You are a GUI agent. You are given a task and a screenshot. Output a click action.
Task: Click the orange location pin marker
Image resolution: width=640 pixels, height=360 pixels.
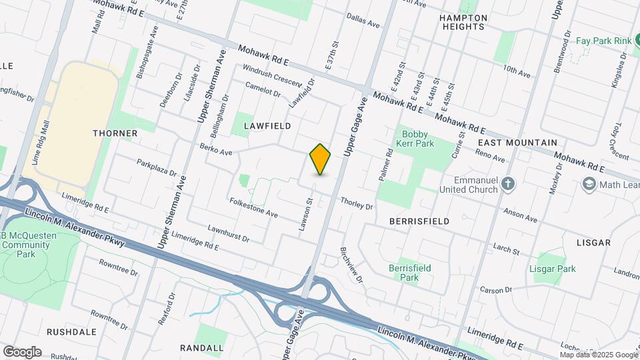[321, 159]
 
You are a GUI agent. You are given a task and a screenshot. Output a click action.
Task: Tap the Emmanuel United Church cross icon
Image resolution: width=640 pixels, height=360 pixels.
[508, 183]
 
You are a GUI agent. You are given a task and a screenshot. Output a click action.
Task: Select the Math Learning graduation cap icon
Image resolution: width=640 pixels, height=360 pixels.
[589, 184]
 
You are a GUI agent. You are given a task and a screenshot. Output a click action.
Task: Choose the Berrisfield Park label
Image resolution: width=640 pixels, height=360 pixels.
[409, 272]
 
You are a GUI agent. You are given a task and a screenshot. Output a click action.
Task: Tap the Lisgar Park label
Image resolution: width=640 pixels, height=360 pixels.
[552, 269]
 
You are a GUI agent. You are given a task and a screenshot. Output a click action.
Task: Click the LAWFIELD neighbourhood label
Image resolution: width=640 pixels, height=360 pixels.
[267, 125]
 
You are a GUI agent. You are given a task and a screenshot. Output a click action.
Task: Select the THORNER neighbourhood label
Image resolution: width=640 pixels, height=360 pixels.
[115, 133]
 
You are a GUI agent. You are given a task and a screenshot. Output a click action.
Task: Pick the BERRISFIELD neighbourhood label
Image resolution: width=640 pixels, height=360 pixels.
[419, 221]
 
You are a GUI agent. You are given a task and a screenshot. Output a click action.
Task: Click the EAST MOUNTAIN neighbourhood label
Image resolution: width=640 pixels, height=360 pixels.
[517, 143]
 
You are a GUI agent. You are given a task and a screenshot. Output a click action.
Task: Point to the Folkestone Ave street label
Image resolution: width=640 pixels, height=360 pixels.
[253, 207]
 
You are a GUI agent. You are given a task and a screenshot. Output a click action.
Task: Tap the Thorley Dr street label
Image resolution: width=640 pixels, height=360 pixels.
[356, 203]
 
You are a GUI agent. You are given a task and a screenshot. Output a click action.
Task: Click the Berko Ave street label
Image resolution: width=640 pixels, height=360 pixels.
[216, 149]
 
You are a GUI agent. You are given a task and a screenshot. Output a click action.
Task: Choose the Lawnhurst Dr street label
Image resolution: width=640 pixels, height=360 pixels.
[229, 233]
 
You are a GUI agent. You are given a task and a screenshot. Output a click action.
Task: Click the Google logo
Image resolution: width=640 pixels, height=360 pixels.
[22, 351]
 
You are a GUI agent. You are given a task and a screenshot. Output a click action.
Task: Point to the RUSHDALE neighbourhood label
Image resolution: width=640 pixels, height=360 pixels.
[71, 331]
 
